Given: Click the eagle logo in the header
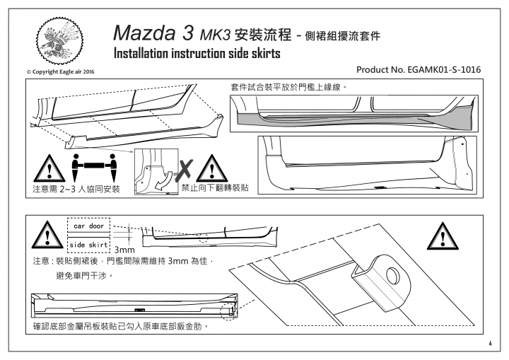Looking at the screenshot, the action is [x=59, y=40].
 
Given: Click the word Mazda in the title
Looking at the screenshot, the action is [x=146, y=33].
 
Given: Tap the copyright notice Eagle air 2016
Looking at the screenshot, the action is [x=60, y=72].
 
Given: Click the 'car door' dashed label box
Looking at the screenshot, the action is [x=88, y=225].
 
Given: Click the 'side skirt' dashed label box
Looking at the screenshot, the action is [x=88, y=245].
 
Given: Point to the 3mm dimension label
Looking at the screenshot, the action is [x=124, y=250].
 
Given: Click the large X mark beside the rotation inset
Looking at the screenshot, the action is [x=184, y=170].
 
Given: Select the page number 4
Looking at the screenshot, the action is [x=490, y=344].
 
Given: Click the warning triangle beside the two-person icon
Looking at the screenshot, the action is [x=49, y=168].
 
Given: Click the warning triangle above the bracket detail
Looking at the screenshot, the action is [x=443, y=236].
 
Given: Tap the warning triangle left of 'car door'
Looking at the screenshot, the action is [x=48, y=235].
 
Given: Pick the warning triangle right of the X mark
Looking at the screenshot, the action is [x=211, y=168].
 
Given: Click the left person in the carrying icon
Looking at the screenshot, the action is [x=76, y=168].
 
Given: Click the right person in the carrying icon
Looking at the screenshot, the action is [x=112, y=168].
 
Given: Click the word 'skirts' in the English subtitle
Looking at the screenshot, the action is [x=266, y=54].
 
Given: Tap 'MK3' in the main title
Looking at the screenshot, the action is [x=215, y=35].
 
